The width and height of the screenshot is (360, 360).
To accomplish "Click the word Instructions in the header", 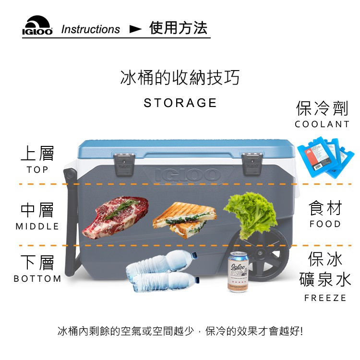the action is [x=90, y=29].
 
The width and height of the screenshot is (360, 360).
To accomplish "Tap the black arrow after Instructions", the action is [x=135, y=29].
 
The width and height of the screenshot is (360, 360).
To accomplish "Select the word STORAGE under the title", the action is [x=180, y=103].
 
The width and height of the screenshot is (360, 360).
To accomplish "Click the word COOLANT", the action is [x=322, y=124].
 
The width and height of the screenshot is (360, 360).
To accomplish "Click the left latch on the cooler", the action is [x=124, y=164].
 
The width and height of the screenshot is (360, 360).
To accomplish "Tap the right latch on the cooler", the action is [x=252, y=164].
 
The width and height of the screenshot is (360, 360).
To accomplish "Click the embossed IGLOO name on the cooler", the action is [x=188, y=175].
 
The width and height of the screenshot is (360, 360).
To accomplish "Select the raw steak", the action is [x=116, y=217].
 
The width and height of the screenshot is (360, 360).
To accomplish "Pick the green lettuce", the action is [x=251, y=215].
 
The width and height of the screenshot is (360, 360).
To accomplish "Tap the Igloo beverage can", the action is [x=238, y=272].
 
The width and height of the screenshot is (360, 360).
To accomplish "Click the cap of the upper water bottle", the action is [x=194, y=255].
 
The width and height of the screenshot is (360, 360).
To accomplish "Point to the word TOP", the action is [x=37, y=169].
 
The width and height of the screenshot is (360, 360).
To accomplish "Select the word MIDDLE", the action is [x=37, y=227].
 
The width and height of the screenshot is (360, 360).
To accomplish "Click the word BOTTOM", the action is [x=37, y=279].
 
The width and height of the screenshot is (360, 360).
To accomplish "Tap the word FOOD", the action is [x=325, y=224].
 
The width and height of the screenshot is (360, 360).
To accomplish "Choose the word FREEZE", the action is [x=325, y=298].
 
